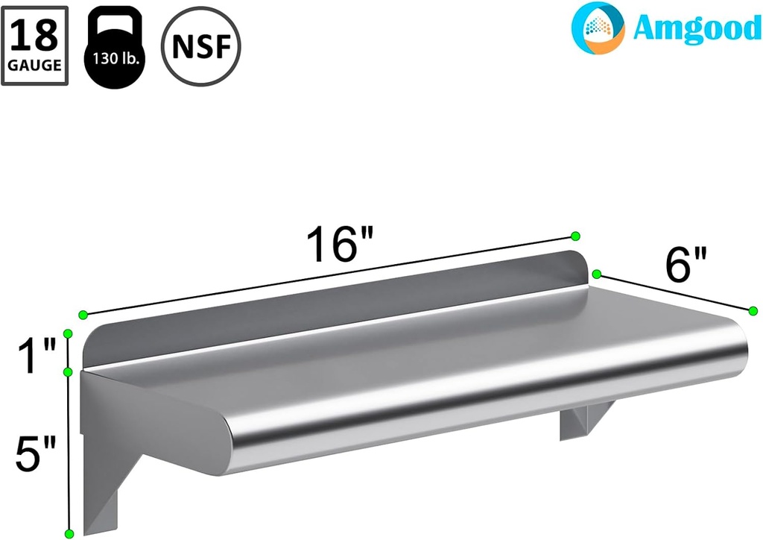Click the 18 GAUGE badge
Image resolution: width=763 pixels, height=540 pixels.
35,45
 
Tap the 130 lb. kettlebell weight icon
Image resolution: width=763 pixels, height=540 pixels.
114,46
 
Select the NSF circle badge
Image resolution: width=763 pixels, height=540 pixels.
201,46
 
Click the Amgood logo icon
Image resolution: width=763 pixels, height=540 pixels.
598,28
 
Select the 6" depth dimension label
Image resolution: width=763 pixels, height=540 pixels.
686,264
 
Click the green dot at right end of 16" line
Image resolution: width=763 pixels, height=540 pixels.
575,236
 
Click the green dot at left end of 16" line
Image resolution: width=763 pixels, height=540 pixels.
83,315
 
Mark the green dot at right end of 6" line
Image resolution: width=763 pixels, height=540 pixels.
753,310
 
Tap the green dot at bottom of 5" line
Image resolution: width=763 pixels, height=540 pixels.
69,533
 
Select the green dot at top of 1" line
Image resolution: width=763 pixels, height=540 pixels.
68,333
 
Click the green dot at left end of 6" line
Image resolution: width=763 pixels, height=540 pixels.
596,274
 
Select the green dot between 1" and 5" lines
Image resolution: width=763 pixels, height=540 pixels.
68,371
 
